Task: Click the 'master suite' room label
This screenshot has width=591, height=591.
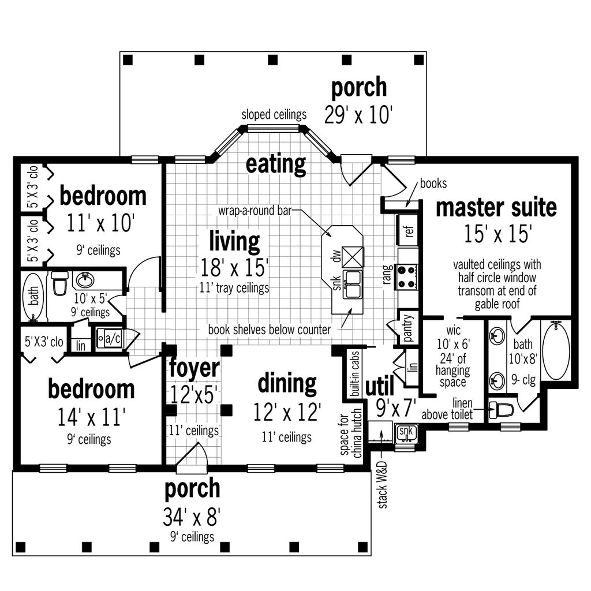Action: click(496, 207)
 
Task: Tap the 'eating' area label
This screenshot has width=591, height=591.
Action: click(275, 164)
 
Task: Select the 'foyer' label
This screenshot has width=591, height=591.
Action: click(194, 368)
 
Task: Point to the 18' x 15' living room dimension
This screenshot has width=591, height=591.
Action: click(234, 267)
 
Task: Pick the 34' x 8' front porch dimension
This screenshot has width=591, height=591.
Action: click(192, 516)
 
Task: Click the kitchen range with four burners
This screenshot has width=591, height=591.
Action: click(407, 276)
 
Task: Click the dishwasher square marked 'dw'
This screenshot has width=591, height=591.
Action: click(353, 255)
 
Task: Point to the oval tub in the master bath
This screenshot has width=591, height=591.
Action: click(556, 351)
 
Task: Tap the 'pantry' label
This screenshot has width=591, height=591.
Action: click(408, 328)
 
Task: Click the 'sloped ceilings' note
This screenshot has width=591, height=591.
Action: click(274, 114)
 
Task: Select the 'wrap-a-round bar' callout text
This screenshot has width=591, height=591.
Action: click(254, 211)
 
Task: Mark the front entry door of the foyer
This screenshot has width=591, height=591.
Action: click(192, 456)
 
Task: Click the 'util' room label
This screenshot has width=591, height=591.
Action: click(380, 385)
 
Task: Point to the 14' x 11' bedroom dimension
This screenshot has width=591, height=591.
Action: click(91, 416)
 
